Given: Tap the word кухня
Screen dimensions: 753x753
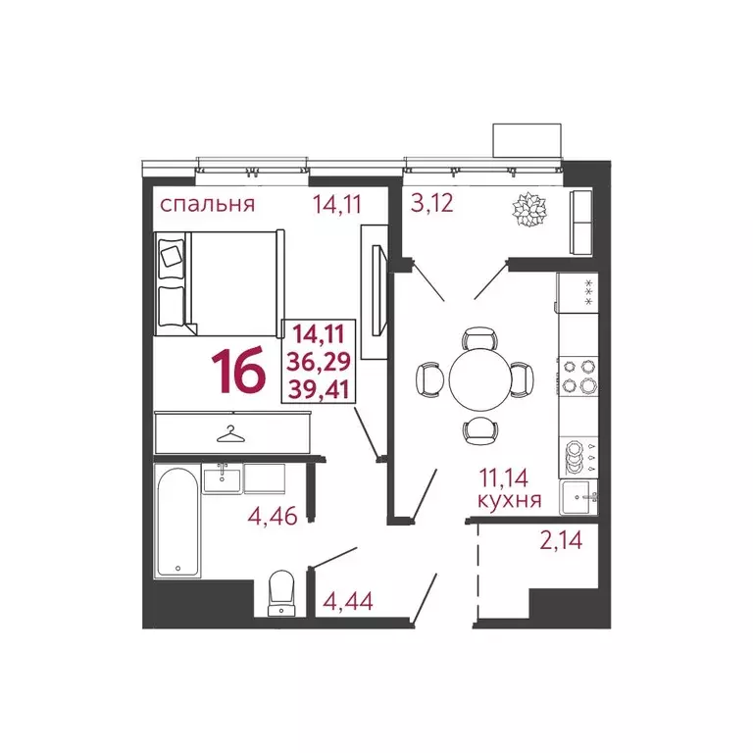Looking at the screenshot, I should point(509,500).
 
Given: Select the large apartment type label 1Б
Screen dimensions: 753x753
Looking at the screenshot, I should point(238,372).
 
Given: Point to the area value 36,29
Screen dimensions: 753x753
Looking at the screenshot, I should point(320,362).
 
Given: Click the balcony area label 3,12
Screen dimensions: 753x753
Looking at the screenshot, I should point(431,205).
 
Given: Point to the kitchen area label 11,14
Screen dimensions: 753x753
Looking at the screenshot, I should point(509,478).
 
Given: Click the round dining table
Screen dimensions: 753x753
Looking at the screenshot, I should point(477,377).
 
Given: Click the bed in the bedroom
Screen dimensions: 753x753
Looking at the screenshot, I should point(218,281).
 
